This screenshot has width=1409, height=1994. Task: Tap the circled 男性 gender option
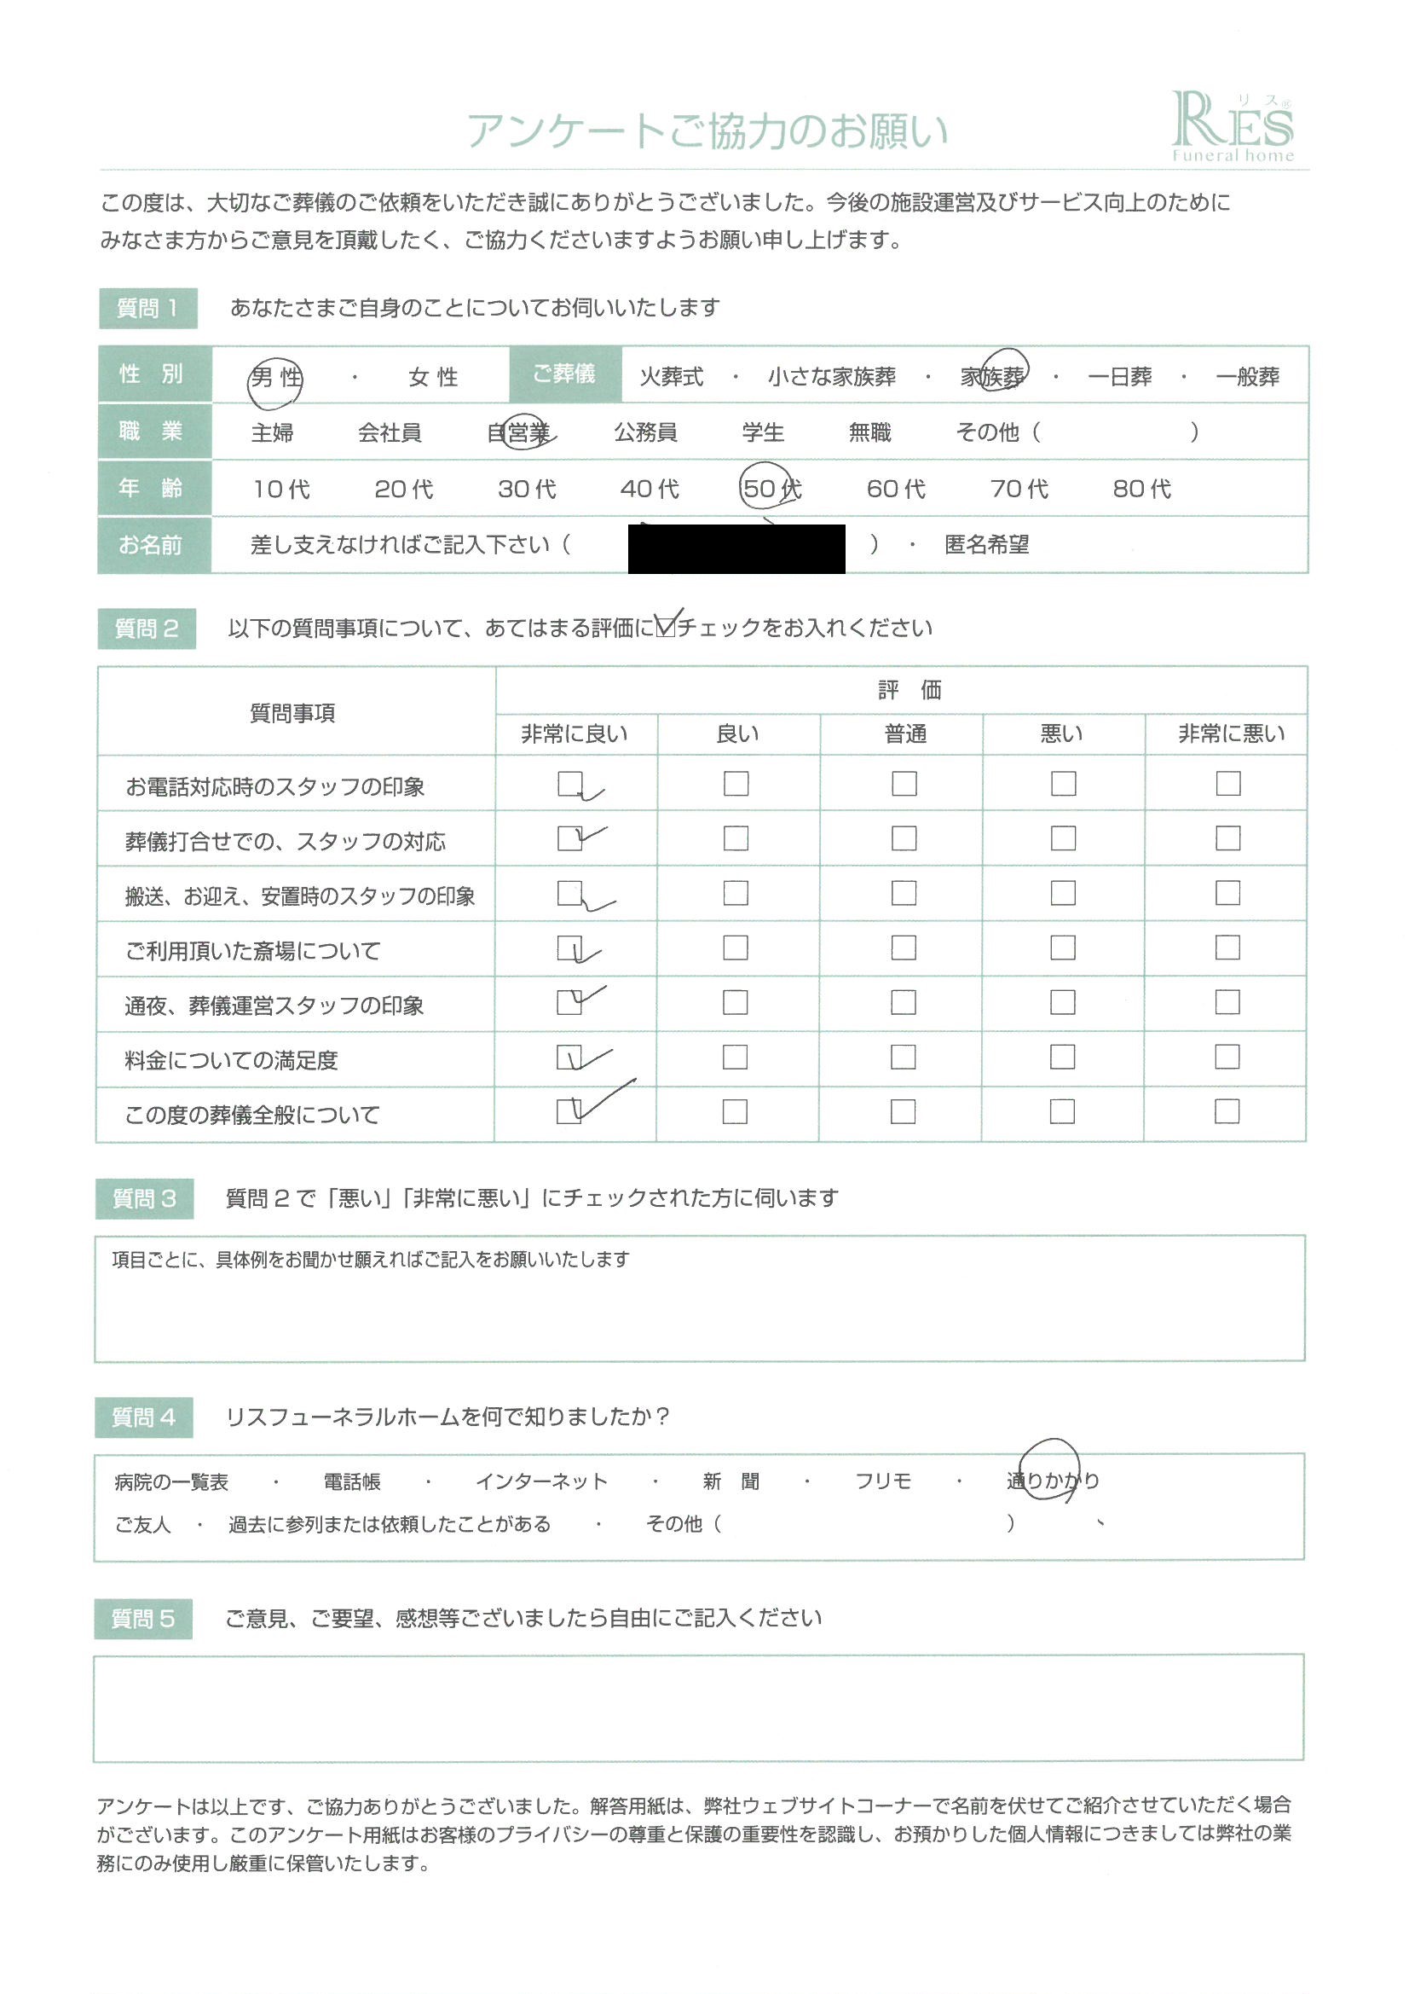tap(275, 378)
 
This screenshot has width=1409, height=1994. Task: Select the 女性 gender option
tap(433, 378)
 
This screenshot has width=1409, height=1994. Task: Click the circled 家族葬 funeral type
tap(993, 376)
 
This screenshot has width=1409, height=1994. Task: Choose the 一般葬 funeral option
tap(1247, 377)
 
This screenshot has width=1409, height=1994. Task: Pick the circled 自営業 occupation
tap(519, 432)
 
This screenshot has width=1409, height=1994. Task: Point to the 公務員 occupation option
tap(645, 432)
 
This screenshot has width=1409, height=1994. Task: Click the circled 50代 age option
tap(769, 489)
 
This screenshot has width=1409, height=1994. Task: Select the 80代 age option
tap(1141, 489)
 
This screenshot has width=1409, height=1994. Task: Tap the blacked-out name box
tap(736, 548)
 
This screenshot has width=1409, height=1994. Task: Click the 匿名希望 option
tap(986, 545)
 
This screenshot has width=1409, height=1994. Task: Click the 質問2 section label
tap(146, 629)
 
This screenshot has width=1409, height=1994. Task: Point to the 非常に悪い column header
tap(1230, 734)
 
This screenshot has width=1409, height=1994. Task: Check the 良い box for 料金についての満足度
tap(735, 1057)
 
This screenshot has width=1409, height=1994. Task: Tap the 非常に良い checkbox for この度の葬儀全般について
tap(569, 1111)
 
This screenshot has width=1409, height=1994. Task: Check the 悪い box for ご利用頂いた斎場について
tap(1063, 948)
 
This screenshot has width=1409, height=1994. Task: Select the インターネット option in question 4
tap(541, 1481)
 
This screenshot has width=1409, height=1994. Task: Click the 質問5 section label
tap(143, 1619)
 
